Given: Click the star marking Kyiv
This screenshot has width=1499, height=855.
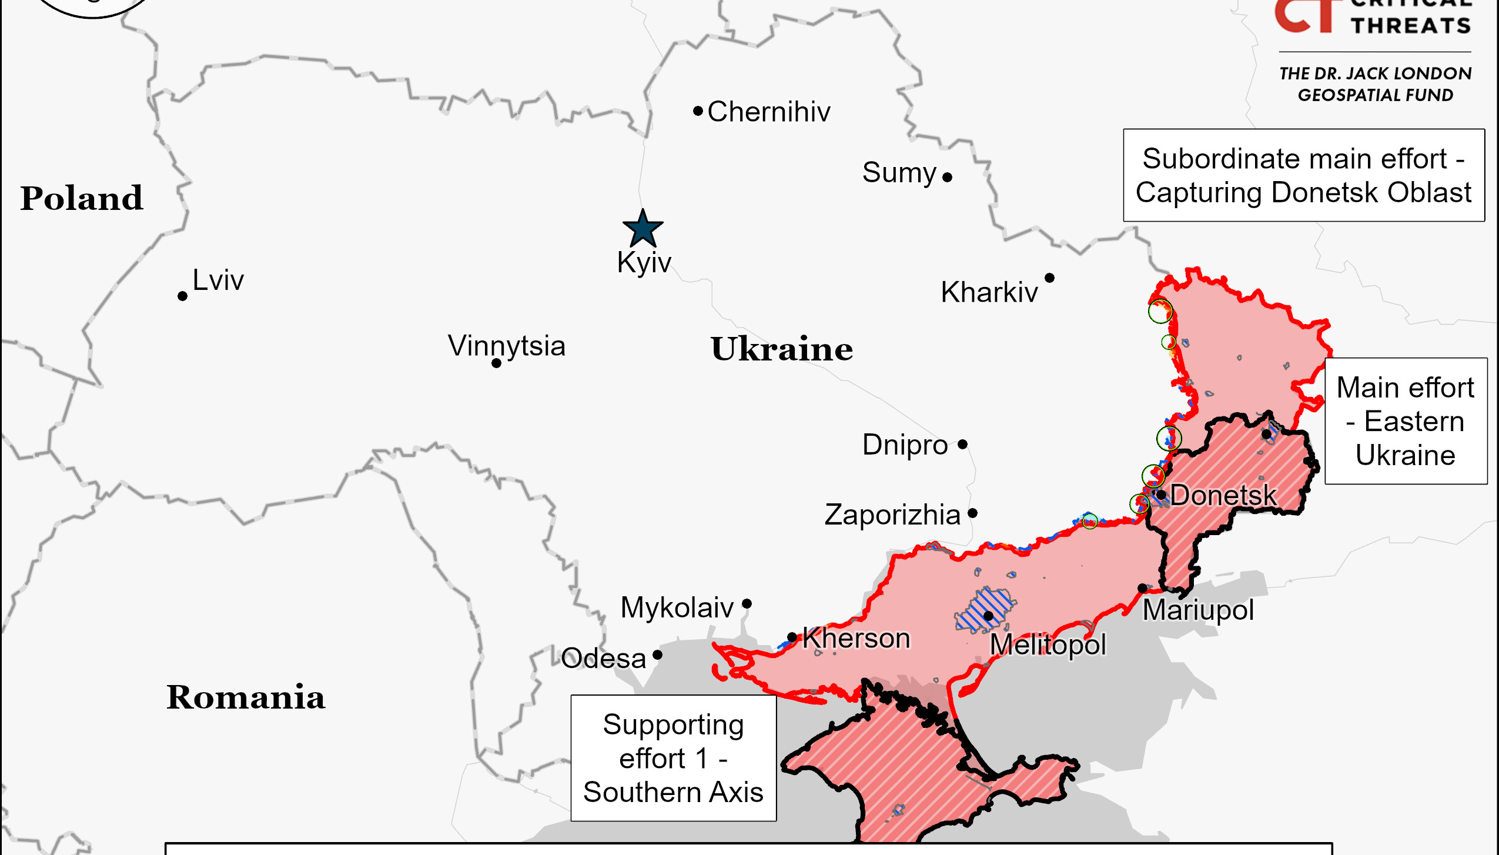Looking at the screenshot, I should (643, 229).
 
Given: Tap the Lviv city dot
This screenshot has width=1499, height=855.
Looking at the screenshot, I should (182, 296).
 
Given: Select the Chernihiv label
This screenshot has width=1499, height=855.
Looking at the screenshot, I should (768, 112).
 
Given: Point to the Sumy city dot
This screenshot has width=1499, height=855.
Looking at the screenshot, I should (947, 177).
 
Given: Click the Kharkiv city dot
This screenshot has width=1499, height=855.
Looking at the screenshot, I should (1049, 278).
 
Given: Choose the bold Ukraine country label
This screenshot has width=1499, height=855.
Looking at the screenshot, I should (781, 349).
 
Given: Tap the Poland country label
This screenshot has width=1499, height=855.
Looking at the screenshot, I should (82, 198).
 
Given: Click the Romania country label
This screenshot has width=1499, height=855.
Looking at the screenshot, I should (245, 697).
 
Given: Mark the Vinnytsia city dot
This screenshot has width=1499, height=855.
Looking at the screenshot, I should (496, 363).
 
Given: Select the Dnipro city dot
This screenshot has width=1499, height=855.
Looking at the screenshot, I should (962, 444).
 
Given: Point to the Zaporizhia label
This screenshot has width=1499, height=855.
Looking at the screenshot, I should (892, 515).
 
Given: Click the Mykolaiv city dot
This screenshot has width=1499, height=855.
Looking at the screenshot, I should (747, 603).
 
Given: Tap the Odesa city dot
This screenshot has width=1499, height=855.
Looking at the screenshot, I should (657, 654).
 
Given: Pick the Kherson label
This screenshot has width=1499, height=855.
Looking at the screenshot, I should (856, 638).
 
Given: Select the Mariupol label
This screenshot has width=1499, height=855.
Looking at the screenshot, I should (1198, 610).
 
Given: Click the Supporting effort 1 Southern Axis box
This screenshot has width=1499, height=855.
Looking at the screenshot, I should (673, 758).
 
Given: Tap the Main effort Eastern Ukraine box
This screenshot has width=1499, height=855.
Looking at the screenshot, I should (1406, 421).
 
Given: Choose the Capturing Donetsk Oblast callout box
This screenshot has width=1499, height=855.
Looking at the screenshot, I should (1303, 175).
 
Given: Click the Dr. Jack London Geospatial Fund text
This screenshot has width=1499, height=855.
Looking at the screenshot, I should (1375, 84).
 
